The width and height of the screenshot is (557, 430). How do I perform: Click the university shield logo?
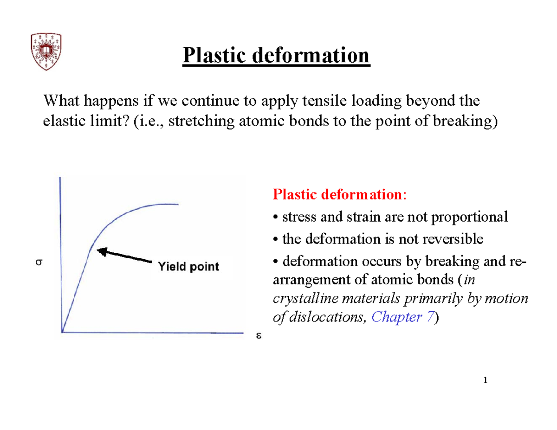pos(47,51)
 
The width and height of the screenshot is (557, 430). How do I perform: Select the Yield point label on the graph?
pos(189,267)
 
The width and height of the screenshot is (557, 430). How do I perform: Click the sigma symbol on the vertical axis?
pos(39,262)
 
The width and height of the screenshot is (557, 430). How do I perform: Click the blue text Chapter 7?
pos(403,317)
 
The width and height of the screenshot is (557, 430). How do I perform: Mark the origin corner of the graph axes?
pos(62,332)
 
